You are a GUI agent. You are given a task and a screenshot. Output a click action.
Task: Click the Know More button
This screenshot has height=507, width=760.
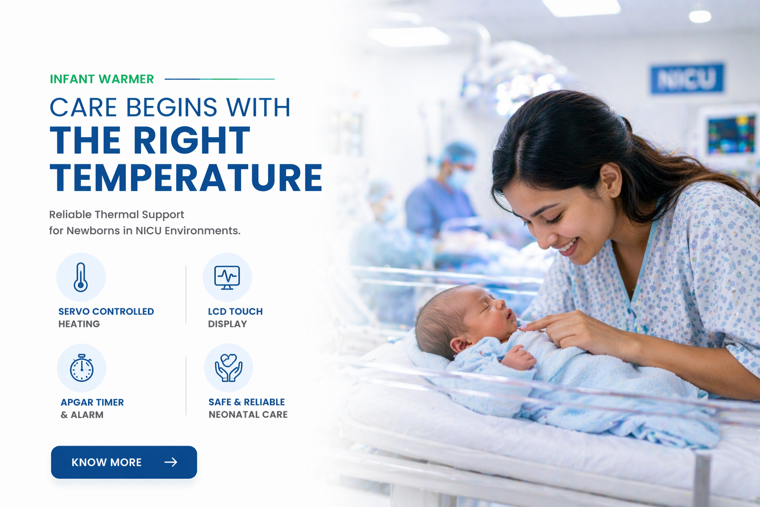tap(124, 462)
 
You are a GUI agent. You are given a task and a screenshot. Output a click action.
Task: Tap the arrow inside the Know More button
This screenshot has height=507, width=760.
tap(171, 462)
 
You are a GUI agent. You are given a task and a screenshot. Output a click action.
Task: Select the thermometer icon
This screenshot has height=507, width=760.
tap(81, 277)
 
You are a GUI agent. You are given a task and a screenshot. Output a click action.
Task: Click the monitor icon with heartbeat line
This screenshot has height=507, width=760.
tap(227, 277)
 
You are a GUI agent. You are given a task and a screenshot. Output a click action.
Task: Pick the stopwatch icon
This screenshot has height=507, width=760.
tap(82, 368)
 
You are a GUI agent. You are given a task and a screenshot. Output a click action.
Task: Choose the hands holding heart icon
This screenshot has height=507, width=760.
tap(228, 367)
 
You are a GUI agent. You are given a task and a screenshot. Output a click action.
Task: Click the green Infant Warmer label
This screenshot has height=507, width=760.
tap(102, 79)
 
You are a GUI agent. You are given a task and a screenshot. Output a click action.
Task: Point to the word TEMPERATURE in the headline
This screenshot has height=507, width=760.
tap(186, 178)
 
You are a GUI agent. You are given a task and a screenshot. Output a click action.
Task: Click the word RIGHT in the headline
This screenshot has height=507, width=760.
tap(192, 140)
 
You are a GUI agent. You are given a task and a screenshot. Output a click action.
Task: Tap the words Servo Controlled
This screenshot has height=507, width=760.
tap(106, 311)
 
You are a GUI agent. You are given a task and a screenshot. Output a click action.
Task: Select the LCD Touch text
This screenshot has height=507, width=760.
tap(236, 311)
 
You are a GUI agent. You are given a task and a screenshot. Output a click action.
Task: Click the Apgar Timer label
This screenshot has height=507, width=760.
tap(93, 403)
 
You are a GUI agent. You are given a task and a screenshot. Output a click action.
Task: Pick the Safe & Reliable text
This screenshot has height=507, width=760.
tap(247, 402)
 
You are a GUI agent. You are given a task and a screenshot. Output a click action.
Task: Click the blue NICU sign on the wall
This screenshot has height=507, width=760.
tap(687, 78)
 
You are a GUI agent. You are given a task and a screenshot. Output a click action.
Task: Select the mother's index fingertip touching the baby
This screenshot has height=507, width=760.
tap(523, 327)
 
